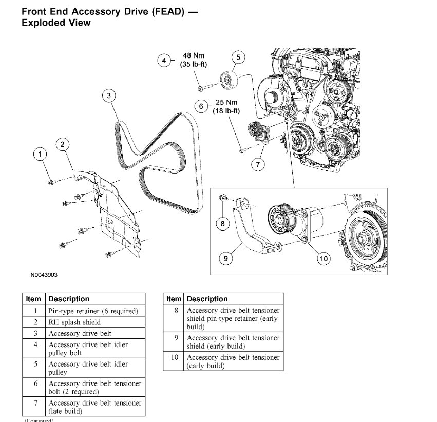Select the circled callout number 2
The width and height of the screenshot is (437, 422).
tap(63, 144)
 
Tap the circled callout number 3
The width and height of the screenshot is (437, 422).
tap(109, 95)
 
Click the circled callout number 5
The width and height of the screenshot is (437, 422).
tap(238, 57)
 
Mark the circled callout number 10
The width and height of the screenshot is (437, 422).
tap(324, 259)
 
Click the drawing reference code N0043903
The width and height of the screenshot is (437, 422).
tap(44, 275)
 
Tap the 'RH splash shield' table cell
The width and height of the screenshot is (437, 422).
tap(74, 322)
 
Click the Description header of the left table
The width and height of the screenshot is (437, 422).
tap(69, 299)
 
